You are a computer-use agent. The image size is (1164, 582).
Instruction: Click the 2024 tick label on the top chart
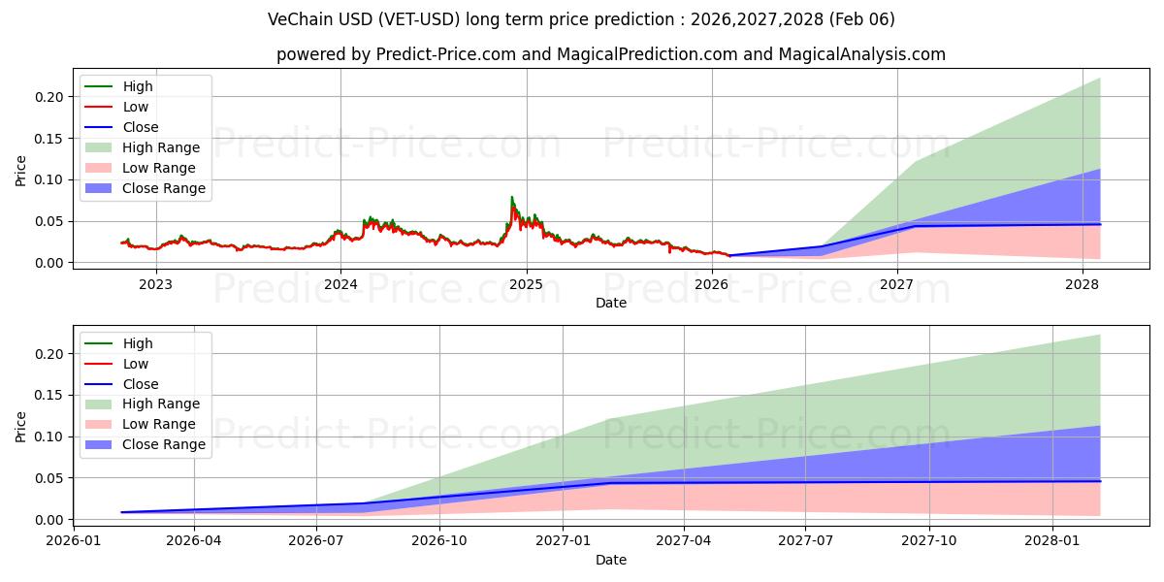[340, 284]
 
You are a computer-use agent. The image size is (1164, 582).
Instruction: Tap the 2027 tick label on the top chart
[897, 284]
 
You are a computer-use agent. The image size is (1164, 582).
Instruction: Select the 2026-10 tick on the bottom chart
[439, 541]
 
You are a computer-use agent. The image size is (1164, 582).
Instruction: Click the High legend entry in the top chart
[137, 86]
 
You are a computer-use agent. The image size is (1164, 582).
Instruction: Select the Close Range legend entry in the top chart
[163, 188]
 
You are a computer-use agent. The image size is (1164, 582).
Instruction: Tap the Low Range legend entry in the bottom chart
[158, 424]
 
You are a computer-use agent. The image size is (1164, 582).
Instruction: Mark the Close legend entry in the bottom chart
[140, 384]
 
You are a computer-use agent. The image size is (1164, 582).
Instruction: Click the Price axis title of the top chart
[21, 170]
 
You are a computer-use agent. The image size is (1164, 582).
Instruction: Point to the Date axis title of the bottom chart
[611, 560]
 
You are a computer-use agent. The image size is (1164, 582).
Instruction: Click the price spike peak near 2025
[512, 198]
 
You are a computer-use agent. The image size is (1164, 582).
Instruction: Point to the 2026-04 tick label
[194, 541]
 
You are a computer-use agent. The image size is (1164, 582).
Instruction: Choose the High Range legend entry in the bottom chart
[160, 404]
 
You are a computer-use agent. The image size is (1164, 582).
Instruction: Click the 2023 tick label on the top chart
[155, 284]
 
